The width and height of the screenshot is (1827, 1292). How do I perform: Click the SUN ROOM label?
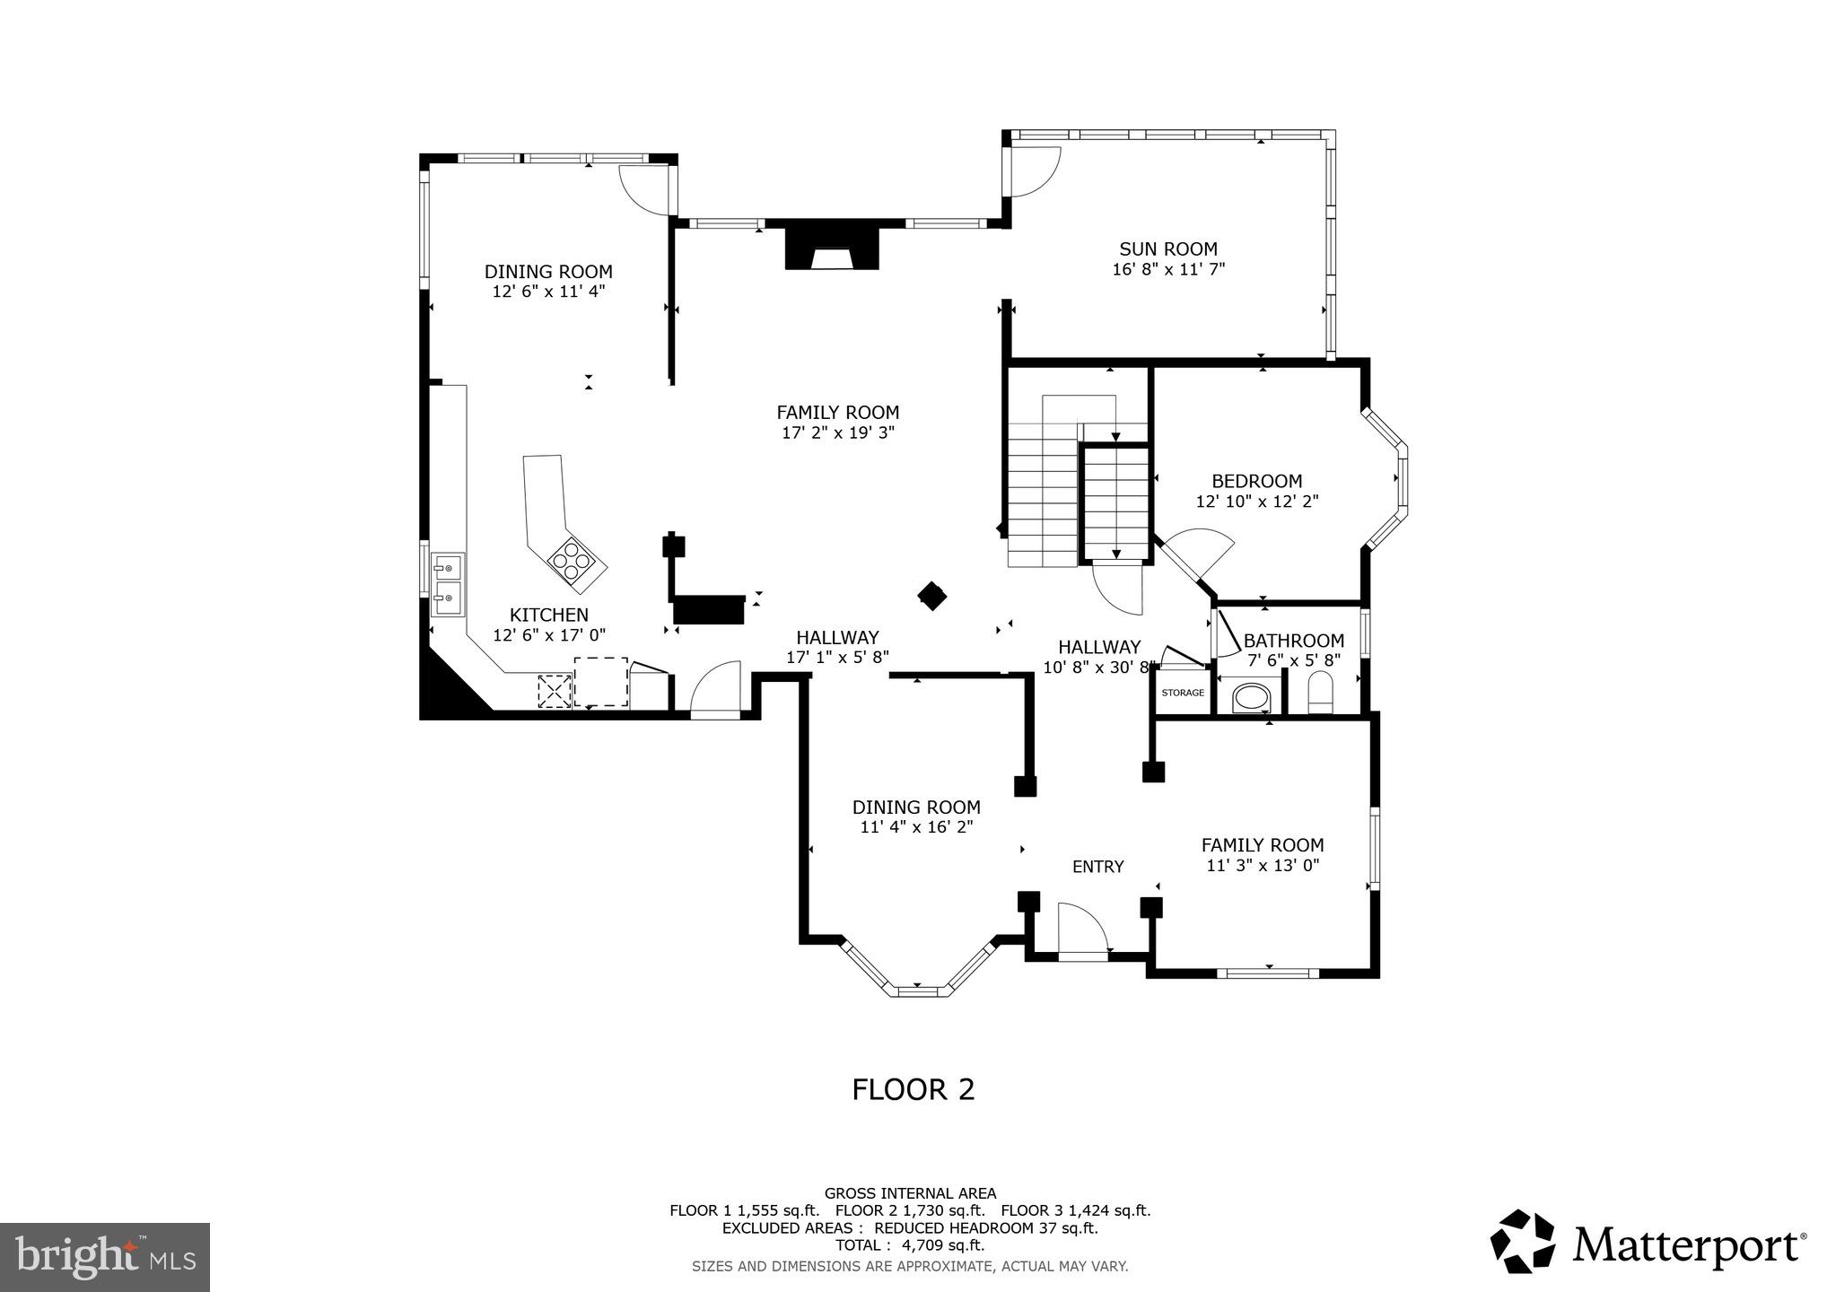point(1167,249)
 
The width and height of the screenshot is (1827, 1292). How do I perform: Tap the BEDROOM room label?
point(1256,481)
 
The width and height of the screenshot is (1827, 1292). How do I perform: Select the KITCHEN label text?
point(549,615)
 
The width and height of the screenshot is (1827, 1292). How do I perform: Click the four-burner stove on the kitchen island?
point(573,562)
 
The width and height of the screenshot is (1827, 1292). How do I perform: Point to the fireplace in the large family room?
point(832,249)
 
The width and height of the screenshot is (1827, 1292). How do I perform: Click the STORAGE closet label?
point(1183,693)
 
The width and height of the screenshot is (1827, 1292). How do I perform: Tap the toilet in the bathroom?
point(1322,694)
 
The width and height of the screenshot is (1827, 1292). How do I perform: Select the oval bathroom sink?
point(1251,697)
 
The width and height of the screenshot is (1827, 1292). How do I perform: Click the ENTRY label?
point(1097,867)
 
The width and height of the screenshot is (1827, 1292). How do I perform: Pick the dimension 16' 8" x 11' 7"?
point(1168,269)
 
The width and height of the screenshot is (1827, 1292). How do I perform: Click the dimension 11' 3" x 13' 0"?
point(1263,866)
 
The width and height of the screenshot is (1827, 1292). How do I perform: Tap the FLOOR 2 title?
point(913,1089)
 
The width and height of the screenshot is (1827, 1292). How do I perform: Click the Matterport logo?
point(1648,1243)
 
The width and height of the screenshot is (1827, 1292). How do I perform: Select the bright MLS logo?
point(105,1256)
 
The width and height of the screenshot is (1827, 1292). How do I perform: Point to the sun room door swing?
point(1034,170)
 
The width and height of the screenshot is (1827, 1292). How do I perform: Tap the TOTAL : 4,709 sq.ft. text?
point(910,1245)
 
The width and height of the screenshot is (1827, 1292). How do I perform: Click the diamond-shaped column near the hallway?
point(931,596)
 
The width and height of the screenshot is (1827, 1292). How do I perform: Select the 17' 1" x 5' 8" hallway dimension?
point(837,658)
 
